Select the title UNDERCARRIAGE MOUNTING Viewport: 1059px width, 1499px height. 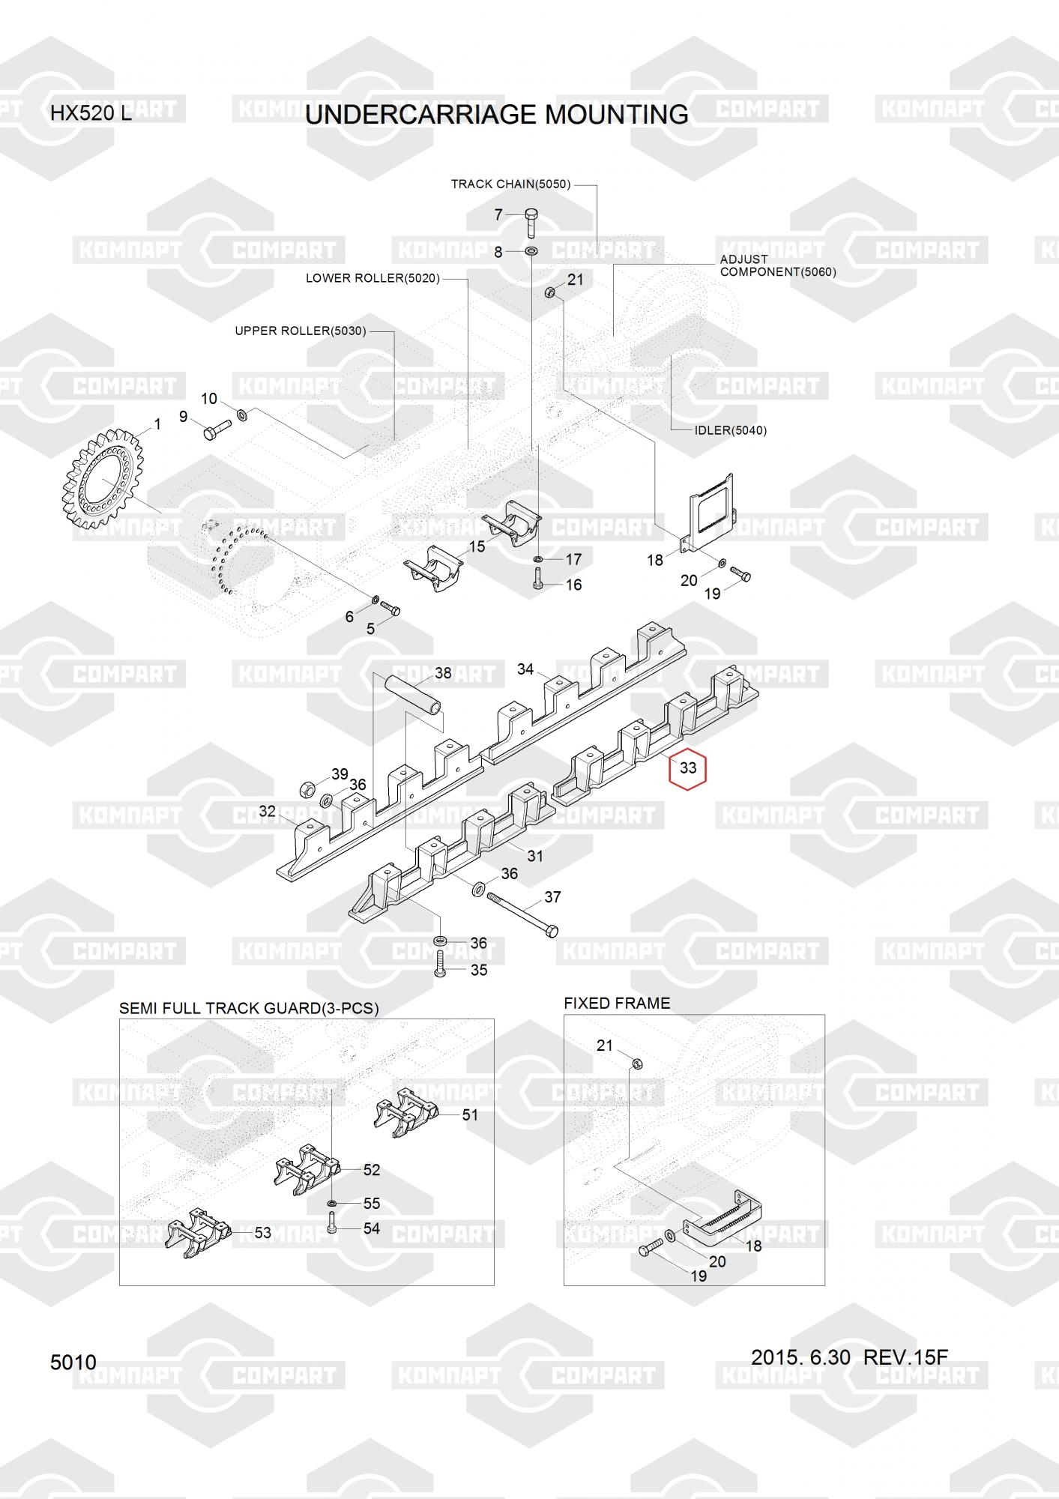click(x=497, y=115)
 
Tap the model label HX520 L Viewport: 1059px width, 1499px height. click(x=91, y=114)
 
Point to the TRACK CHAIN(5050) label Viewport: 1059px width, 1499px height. click(x=510, y=184)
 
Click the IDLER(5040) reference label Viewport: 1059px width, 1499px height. click(x=730, y=430)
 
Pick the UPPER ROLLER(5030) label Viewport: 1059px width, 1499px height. click(x=301, y=331)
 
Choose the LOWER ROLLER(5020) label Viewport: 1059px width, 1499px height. click(x=372, y=278)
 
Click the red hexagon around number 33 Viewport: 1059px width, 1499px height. click(x=688, y=767)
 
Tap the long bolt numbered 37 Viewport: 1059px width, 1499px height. click(x=522, y=913)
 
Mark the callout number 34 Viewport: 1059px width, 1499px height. click(x=525, y=669)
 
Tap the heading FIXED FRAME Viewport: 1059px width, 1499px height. click(x=617, y=1003)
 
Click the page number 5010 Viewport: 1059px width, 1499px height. click(x=73, y=1362)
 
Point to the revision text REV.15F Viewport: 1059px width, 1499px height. click(x=905, y=1357)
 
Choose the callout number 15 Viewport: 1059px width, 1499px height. click(x=477, y=546)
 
